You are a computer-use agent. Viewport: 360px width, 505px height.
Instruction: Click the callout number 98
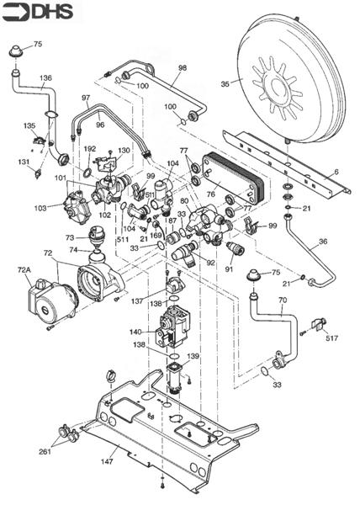pos(182,67)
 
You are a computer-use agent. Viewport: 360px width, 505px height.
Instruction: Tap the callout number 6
pos(336,172)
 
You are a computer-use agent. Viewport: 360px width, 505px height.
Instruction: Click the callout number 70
pos(283,299)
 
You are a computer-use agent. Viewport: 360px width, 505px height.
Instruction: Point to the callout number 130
pos(124,151)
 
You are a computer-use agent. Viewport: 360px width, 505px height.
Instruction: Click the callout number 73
pos(71,237)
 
